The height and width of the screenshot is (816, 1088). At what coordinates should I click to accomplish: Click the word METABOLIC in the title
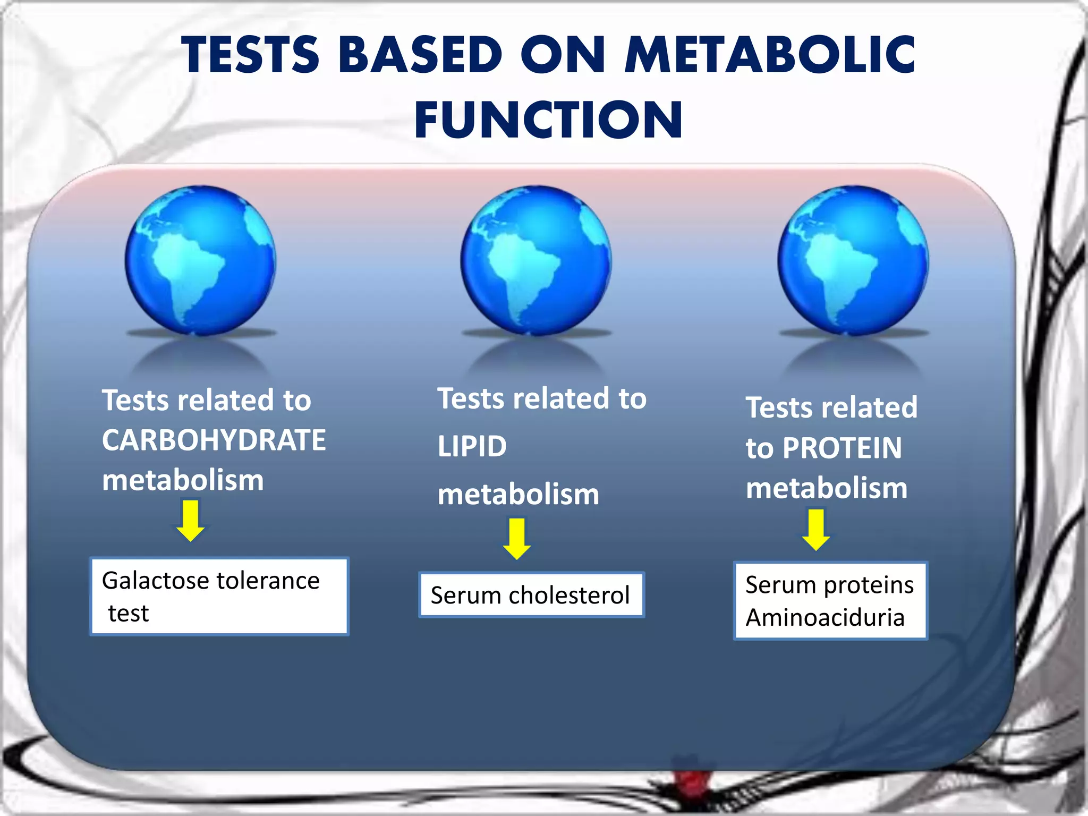(x=770, y=54)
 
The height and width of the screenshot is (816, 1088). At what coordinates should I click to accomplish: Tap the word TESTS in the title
(x=250, y=54)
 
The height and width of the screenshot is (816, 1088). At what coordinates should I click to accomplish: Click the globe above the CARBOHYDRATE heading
(x=200, y=260)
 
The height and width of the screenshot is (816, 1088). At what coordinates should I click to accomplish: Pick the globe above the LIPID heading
(x=536, y=260)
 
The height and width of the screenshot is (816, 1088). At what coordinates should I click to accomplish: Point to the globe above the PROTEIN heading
(x=853, y=260)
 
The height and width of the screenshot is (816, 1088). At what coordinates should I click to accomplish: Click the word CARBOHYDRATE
(x=214, y=440)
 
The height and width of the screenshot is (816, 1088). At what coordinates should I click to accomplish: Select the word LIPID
(x=472, y=446)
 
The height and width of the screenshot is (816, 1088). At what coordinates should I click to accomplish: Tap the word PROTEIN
(x=842, y=448)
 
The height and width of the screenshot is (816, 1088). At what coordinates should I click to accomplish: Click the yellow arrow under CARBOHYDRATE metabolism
(x=191, y=521)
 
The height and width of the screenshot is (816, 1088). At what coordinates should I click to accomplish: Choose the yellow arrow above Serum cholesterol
(x=516, y=539)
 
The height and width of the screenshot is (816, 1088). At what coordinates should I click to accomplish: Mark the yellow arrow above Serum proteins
(x=816, y=530)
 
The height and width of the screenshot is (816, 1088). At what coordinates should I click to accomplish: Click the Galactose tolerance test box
(x=219, y=596)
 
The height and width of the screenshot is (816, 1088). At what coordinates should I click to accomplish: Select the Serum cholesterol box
(x=531, y=595)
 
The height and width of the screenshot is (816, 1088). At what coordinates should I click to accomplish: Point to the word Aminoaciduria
(x=825, y=618)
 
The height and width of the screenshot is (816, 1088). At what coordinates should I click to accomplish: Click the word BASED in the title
(x=420, y=54)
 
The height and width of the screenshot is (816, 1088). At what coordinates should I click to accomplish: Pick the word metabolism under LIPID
(x=518, y=495)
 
